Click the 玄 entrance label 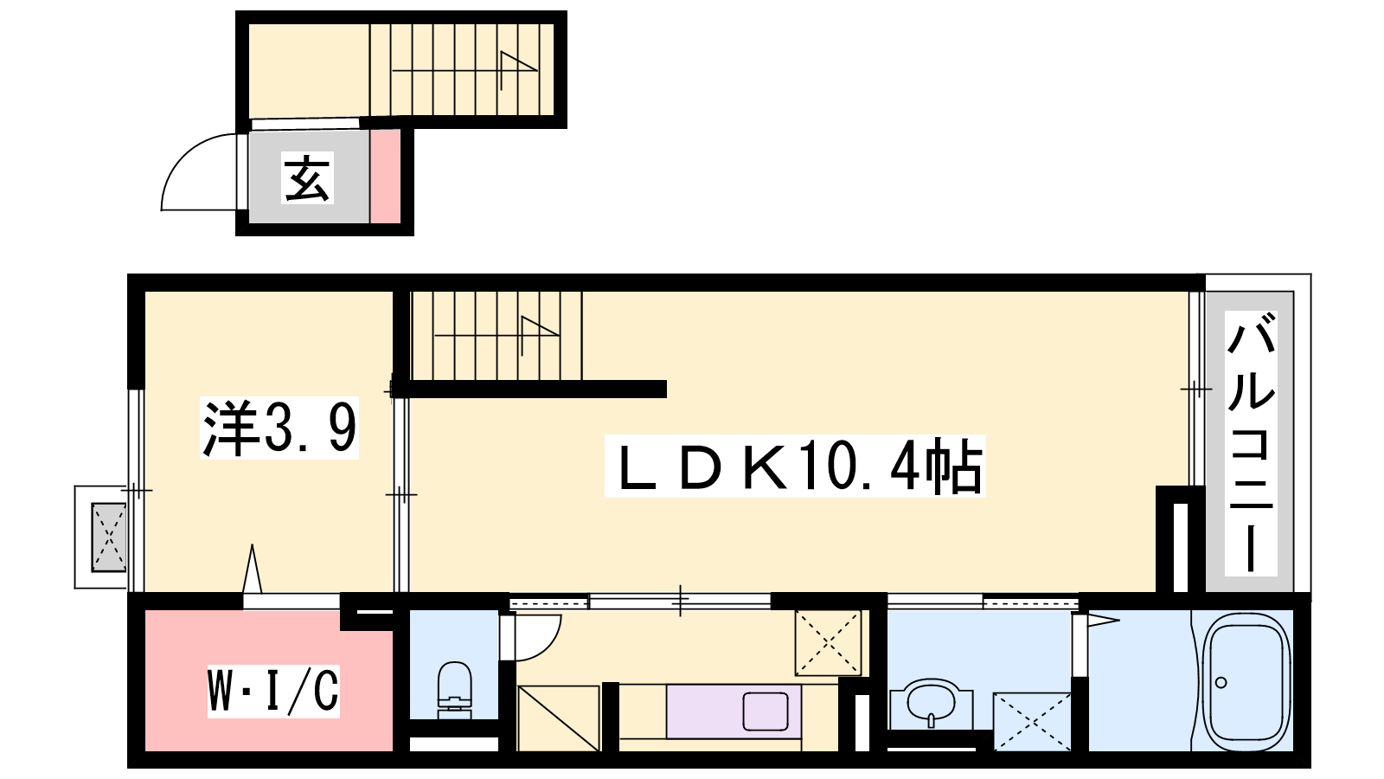pyautogui.click(x=308, y=178)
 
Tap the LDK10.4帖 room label pyautogui.click(x=795, y=466)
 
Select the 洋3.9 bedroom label pyautogui.click(x=279, y=428)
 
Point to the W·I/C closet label pyautogui.click(x=273, y=691)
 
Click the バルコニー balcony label pyautogui.click(x=1251, y=443)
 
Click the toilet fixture pyautogui.click(x=454, y=690)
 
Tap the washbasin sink pyautogui.click(x=932, y=704)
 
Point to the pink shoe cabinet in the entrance pyautogui.click(x=385, y=177)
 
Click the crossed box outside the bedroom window pyautogui.click(x=109, y=537)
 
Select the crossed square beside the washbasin pyautogui.click(x=1032, y=722)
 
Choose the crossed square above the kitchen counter pyautogui.click(x=828, y=642)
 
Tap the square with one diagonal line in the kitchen pyautogui.click(x=559, y=718)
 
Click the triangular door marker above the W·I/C pyautogui.click(x=252, y=569)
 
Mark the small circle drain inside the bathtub pyautogui.click(x=1221, y=683)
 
